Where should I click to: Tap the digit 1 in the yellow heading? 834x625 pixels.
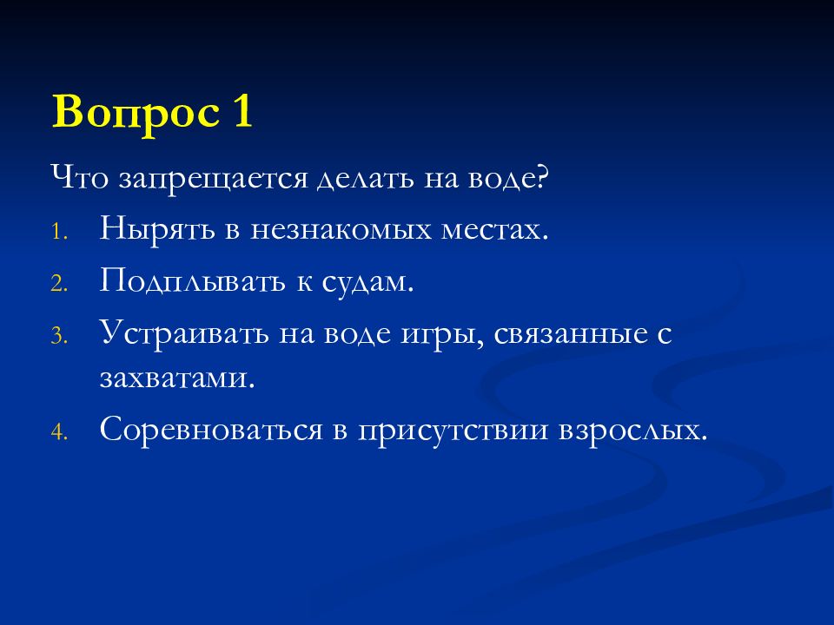tap(241, 113)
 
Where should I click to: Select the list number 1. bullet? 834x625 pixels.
tap(56, 234)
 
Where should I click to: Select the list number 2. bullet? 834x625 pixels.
tap(56, 284)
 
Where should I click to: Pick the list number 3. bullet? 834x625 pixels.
tap(56, 335)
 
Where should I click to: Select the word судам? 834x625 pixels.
tap(365, 280)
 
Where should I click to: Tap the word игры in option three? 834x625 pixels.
tap(440, 333)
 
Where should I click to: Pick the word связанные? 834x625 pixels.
tap(570, 332)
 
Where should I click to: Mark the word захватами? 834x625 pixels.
tap(178, 379)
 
